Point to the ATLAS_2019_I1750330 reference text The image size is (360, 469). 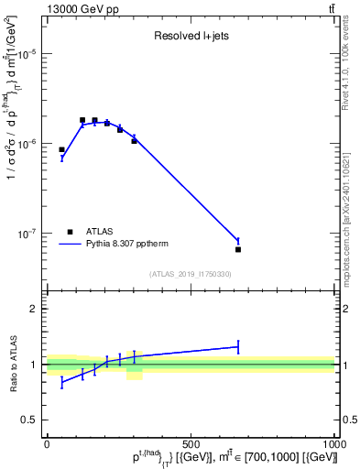pos(191,274)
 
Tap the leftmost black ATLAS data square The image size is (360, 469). pos(61,149)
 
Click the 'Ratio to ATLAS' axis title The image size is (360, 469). pos(13,364)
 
